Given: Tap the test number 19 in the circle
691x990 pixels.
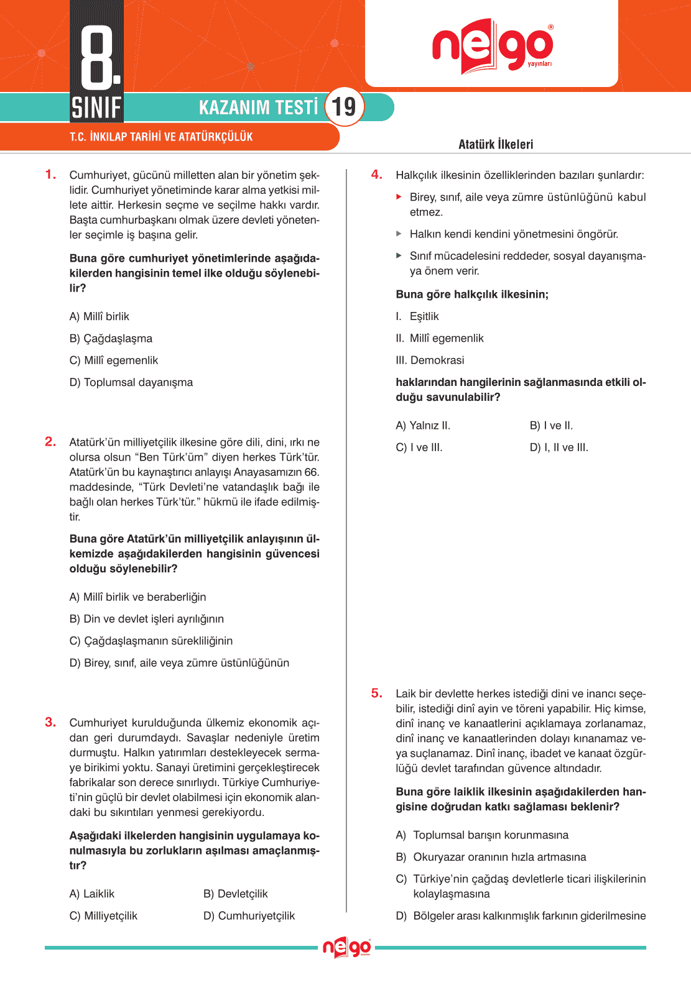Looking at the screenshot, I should point(344,107).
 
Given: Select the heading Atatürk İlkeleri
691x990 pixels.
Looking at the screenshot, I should point(496,144).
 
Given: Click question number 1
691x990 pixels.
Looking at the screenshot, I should point(50,175).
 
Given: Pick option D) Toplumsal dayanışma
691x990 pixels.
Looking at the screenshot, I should point(131,382).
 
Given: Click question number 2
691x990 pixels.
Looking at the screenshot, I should point(50,442).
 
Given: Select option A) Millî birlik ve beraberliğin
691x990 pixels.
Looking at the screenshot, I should point(137,597).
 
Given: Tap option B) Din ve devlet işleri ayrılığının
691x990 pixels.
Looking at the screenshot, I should point(146,619).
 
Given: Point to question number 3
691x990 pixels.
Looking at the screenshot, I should point(50,722).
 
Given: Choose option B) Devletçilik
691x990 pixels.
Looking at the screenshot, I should point(235,894).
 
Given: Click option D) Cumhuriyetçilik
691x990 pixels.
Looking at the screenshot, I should point(249,915).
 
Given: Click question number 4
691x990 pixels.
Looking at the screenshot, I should point(376,175).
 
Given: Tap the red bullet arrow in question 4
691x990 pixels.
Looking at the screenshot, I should point(399,197).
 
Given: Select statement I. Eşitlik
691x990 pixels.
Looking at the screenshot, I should point(417,316).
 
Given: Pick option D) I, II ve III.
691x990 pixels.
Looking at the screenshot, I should point(559,447).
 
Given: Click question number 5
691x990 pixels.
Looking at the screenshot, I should point(376,693).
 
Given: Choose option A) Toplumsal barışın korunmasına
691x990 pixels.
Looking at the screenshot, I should point(482,835).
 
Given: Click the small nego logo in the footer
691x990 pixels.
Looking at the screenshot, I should point(346,948).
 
